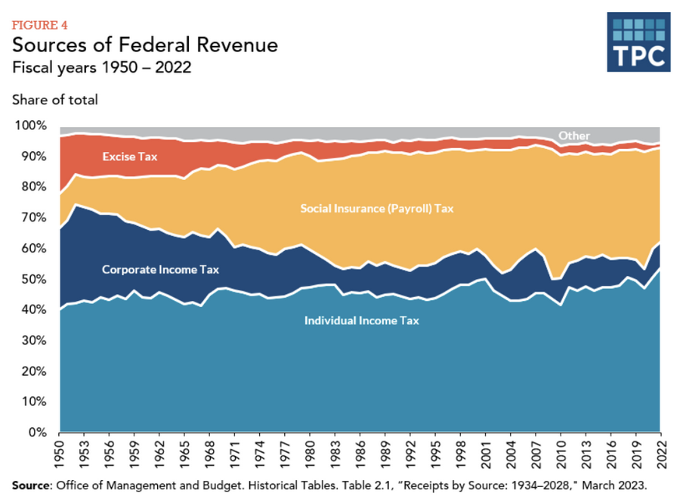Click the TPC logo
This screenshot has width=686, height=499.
[638, 42]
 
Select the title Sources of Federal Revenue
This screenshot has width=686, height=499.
[145, 45]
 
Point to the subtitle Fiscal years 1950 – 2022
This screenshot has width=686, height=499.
[101, 68]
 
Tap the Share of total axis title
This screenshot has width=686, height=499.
[54, 99]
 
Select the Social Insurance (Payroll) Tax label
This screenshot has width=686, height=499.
[377, 208]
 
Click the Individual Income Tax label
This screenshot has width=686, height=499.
[361, 321]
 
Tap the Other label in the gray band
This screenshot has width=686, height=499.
[574, 135]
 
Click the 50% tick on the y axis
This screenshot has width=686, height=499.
[35, 279]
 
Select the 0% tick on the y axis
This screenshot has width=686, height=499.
[38, 432]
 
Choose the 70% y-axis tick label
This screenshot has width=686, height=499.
[35, 218]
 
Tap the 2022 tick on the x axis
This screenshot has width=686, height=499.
[661, 454]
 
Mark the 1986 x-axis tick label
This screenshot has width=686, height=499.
[361, 454]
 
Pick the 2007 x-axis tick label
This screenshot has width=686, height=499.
[536, 454]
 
